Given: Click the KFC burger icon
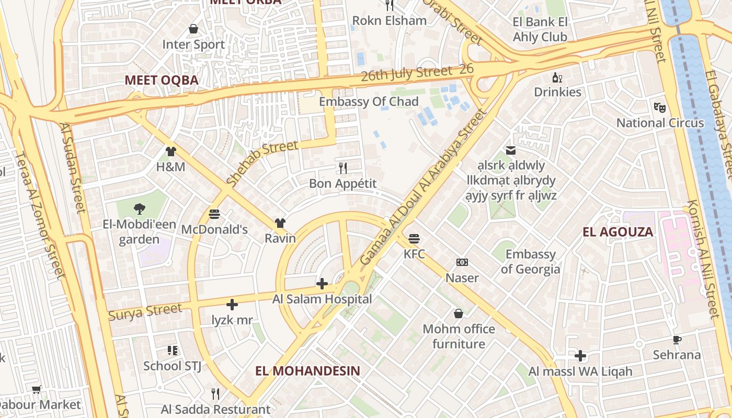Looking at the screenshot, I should click(414, 239).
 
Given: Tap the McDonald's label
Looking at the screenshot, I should click(214, 229).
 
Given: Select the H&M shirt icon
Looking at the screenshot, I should click(171, 152).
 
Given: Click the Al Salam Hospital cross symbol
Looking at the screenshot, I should click(322, 284).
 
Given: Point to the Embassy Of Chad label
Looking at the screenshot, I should click(369, 101).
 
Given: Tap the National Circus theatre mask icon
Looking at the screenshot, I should click(660, 108).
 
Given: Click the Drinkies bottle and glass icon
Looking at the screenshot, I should click(557, 78).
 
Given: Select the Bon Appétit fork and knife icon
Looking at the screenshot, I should click(343, 168).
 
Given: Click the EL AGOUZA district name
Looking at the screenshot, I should click(617, 232).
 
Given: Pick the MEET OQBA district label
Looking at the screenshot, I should click(162, 80).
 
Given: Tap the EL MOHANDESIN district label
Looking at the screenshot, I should click(307, 371).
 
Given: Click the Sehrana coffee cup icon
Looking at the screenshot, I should click(677, 340).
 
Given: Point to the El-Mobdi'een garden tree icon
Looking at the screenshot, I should click(139, 209).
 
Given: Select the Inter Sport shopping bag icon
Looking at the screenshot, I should click(193, 29).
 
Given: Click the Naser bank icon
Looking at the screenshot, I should click(462, 262).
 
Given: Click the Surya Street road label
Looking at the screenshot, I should click(145, 312).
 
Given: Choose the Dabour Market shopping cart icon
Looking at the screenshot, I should click(37, 389).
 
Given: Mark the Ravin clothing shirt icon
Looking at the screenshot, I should click(280, 223).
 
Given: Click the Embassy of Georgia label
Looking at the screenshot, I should click(530, 262).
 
